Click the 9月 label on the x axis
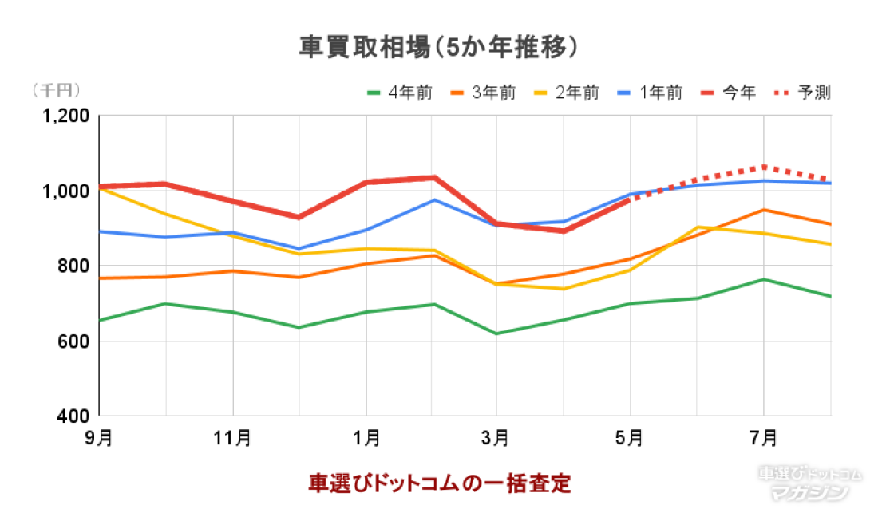pyautogui.click(x=99, y=437)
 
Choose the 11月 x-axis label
pyautogui.click(x=232, y=437)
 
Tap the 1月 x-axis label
pyautogui.click(x=366, y=437)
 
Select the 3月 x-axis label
pyautogui.click(x=498, y=437)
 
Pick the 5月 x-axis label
pyautogui.click(x=631, y=437)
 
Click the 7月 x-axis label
pyautogui.click(x=764, y=437)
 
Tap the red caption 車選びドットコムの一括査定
pyautogui.click(x=440, y=483)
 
